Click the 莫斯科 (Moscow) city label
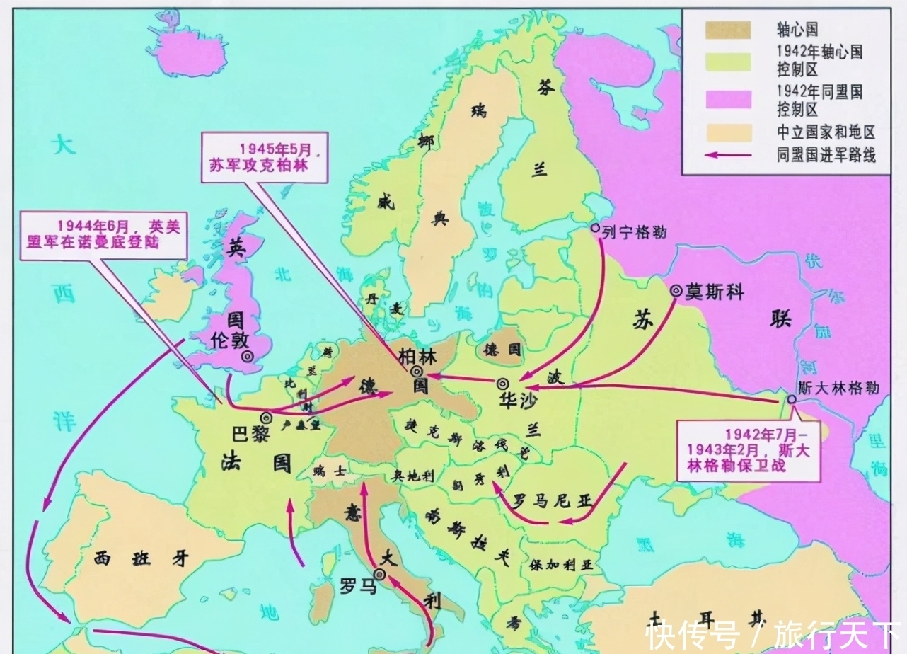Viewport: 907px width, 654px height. [715, 292]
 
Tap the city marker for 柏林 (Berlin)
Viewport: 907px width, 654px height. [417, 371]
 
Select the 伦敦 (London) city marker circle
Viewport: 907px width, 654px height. [247, 357]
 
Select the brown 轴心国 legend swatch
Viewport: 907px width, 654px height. [727, 30]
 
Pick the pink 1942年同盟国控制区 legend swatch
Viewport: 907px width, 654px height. [727, 100]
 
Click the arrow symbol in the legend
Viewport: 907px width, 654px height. [728, 154]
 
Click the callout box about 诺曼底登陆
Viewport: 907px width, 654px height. [103, 234]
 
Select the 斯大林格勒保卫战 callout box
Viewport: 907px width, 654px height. [748, 450]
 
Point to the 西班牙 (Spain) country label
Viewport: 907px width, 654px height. [142, 558]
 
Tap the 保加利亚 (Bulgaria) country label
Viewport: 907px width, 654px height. [561, 566]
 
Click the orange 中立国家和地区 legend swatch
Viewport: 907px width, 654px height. [727, 132]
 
